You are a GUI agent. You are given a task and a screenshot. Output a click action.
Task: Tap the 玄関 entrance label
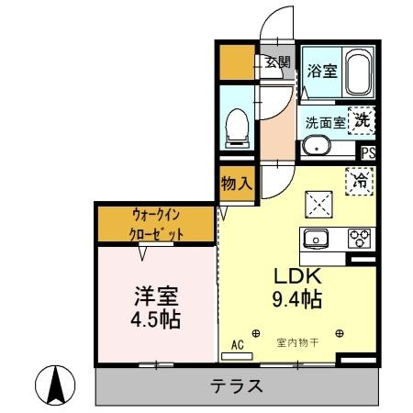coord(277,62)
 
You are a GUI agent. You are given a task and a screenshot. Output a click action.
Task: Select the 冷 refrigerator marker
coord(362,182)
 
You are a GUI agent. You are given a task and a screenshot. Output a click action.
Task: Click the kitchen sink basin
coord(318,239)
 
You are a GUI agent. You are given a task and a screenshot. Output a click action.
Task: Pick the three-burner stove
coord(358,239)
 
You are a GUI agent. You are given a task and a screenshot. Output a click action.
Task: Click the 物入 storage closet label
coord(236,183)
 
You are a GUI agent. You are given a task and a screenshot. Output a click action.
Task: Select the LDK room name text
coord(294,274)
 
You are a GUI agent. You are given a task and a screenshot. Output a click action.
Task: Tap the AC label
coord(236,344)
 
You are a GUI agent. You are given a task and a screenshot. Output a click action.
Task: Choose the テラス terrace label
coord(238,385)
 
